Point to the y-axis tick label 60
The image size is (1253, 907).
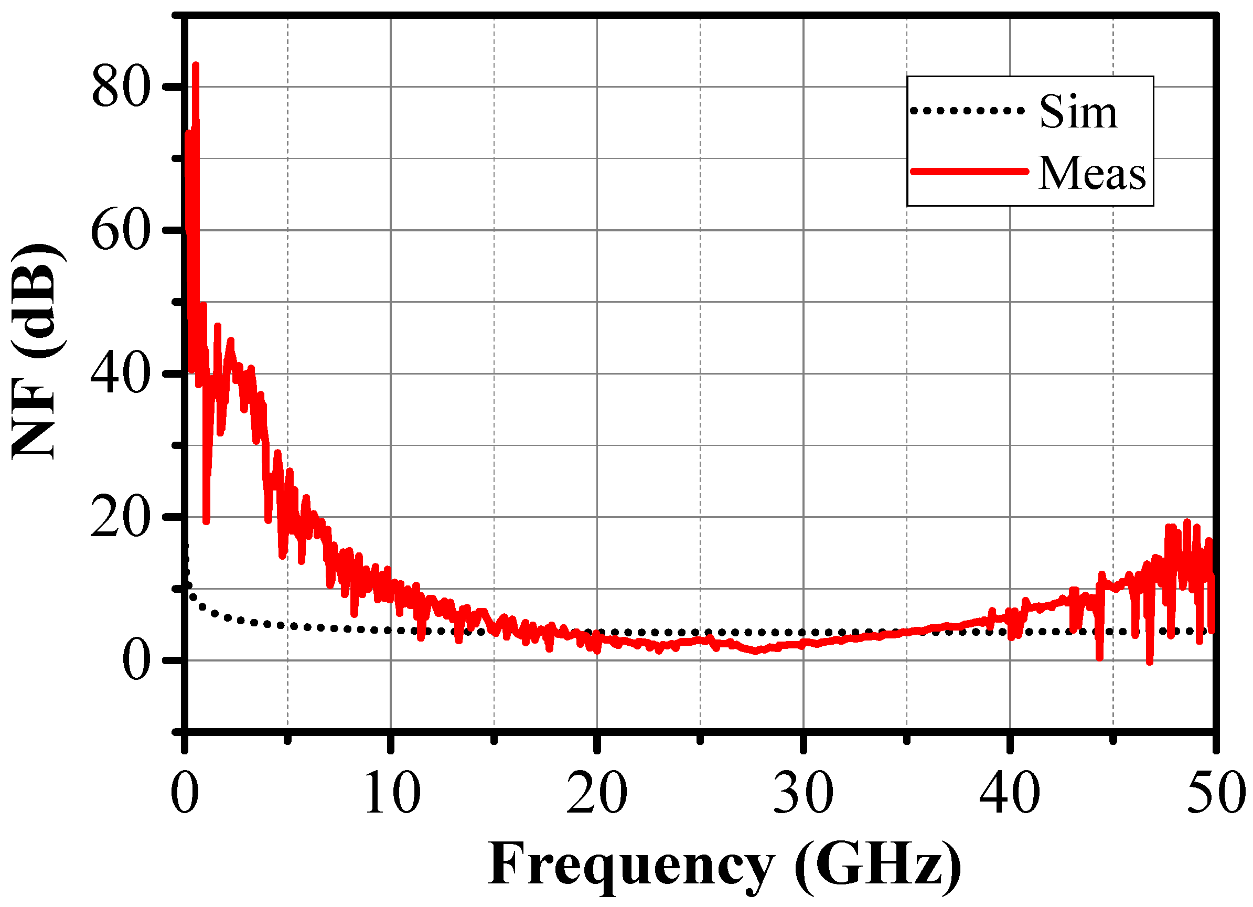[121, 231]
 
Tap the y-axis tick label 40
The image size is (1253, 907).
[121, 375]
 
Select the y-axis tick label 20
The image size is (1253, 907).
[121, 518]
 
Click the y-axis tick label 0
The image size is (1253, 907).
[136, 661]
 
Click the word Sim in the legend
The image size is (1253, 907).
[1078, 112]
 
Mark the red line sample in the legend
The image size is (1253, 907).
[970, 172]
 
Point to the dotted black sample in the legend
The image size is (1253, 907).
[967, 111]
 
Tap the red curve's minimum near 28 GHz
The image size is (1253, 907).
[756, 652]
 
